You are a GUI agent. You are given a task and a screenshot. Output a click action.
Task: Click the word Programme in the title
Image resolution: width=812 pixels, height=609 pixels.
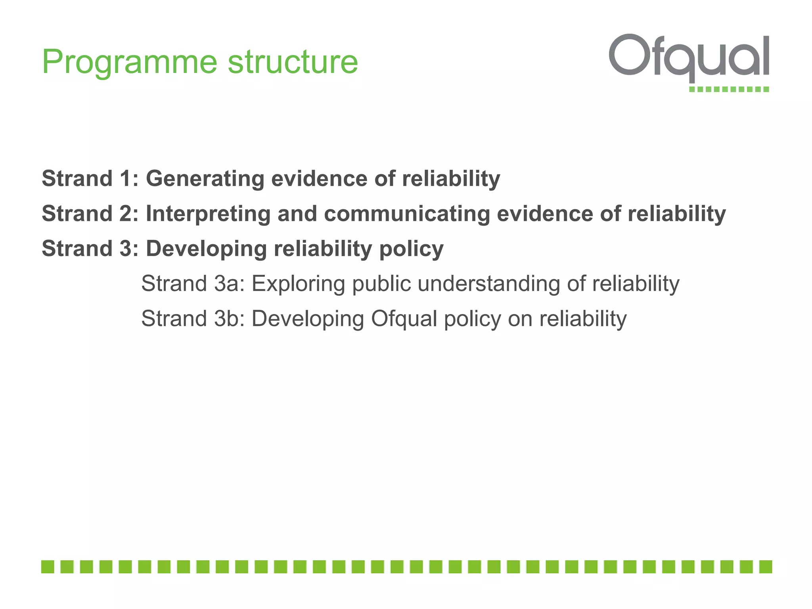click(129, 63)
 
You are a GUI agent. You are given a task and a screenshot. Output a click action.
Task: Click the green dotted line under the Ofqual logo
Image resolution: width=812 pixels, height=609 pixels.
click(729, 89)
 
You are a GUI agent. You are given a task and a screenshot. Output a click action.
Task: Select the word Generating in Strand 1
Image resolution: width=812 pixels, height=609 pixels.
click(205, 178)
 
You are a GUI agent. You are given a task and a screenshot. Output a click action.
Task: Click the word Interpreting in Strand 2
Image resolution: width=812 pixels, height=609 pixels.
click(208, 214)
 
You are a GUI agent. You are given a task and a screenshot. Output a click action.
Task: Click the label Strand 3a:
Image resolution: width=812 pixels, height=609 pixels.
click(193, 284)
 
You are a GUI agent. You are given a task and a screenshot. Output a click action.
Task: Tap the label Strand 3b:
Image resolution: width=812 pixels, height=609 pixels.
click(193, 319)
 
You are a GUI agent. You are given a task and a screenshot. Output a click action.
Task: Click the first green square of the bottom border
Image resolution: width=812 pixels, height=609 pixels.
click(48, 567)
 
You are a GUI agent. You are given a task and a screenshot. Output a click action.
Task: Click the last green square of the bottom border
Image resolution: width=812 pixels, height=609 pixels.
click(765, 567)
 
